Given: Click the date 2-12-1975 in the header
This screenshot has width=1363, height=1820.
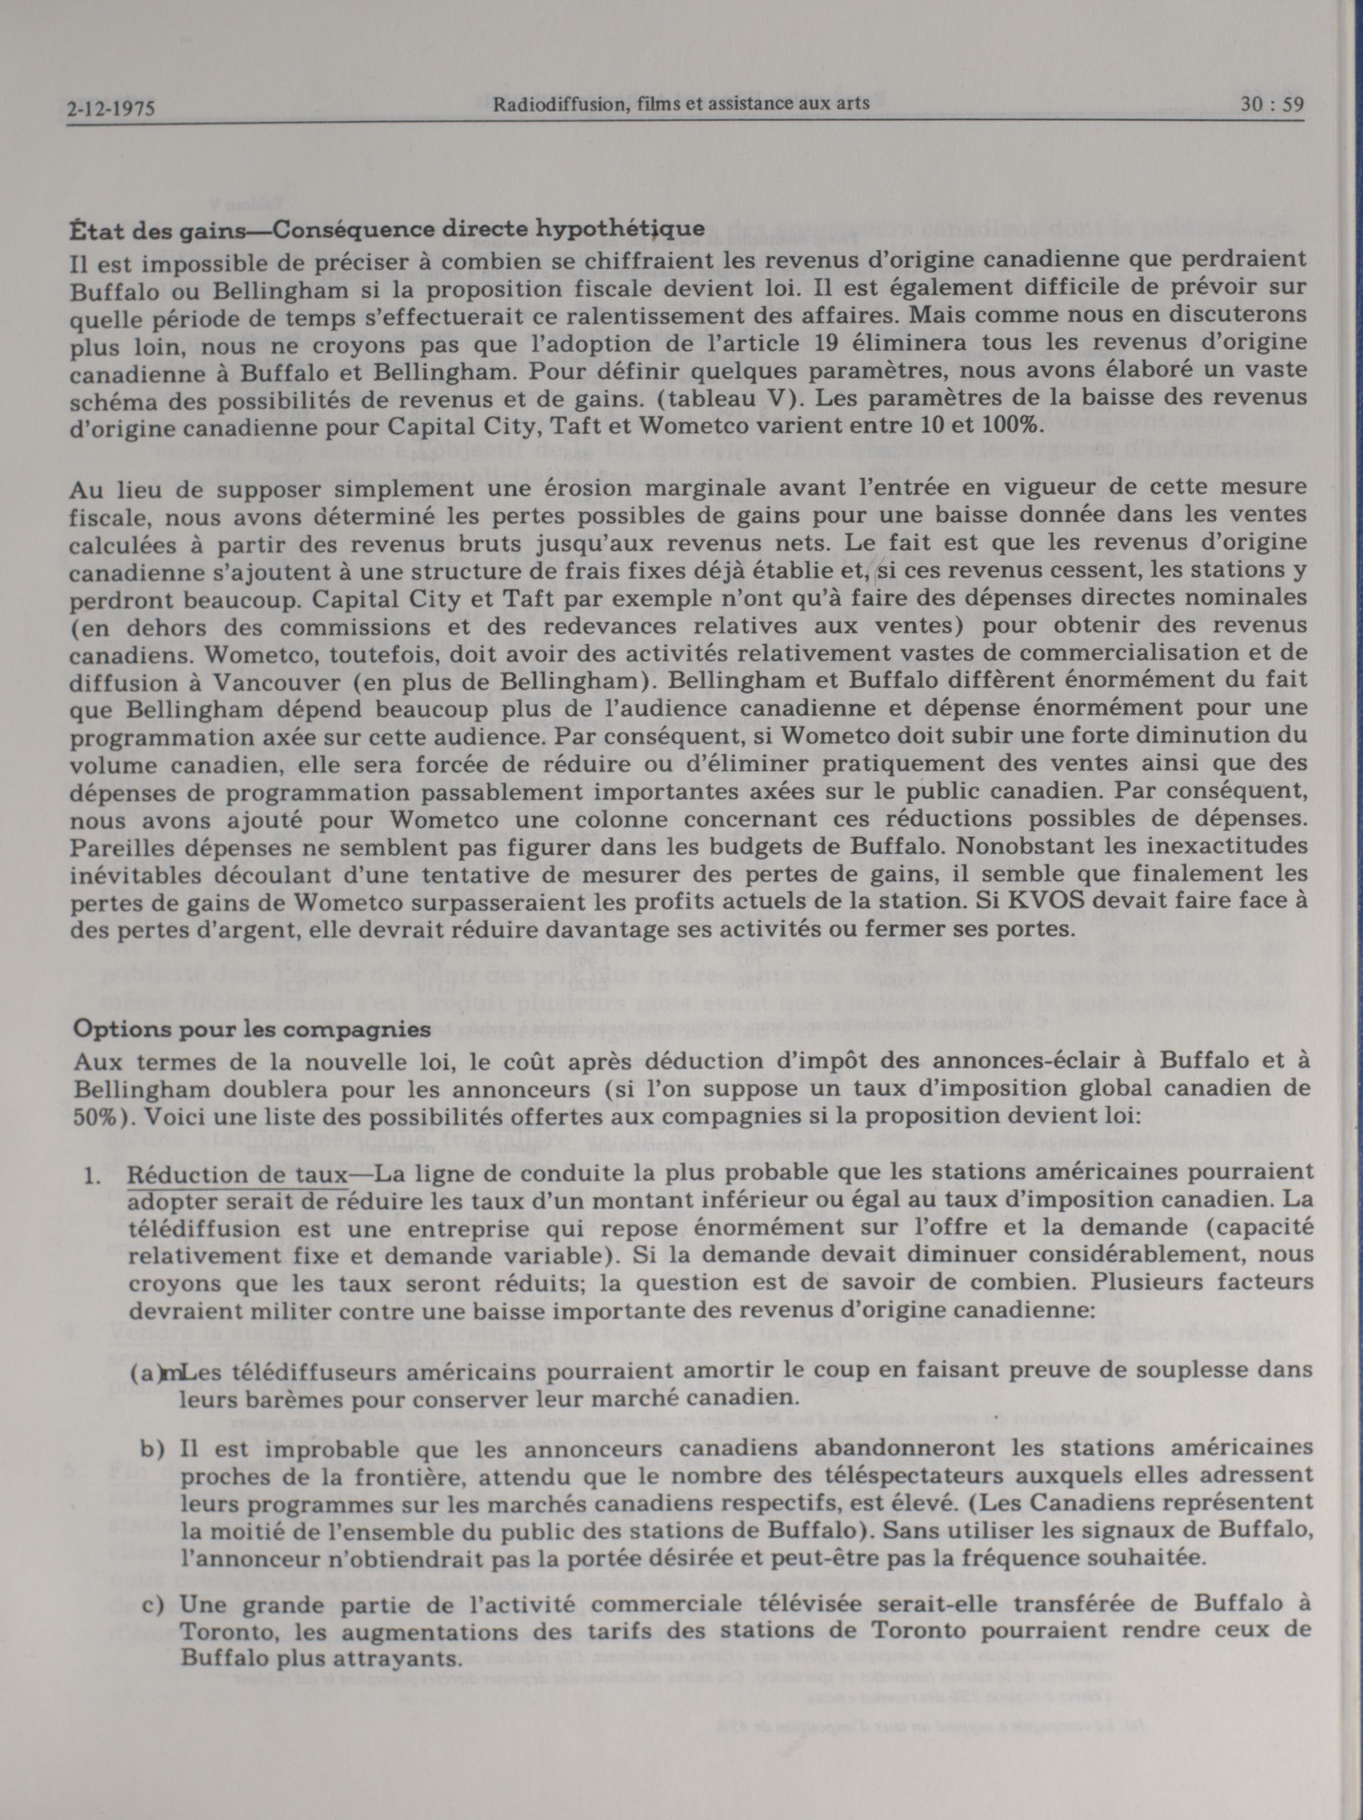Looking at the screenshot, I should click(x=111, y=108).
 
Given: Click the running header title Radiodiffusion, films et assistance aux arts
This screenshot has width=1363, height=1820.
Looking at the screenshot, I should click(x=681, y=104).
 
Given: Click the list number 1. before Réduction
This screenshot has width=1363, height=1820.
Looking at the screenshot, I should click(x=92, y=1175).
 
